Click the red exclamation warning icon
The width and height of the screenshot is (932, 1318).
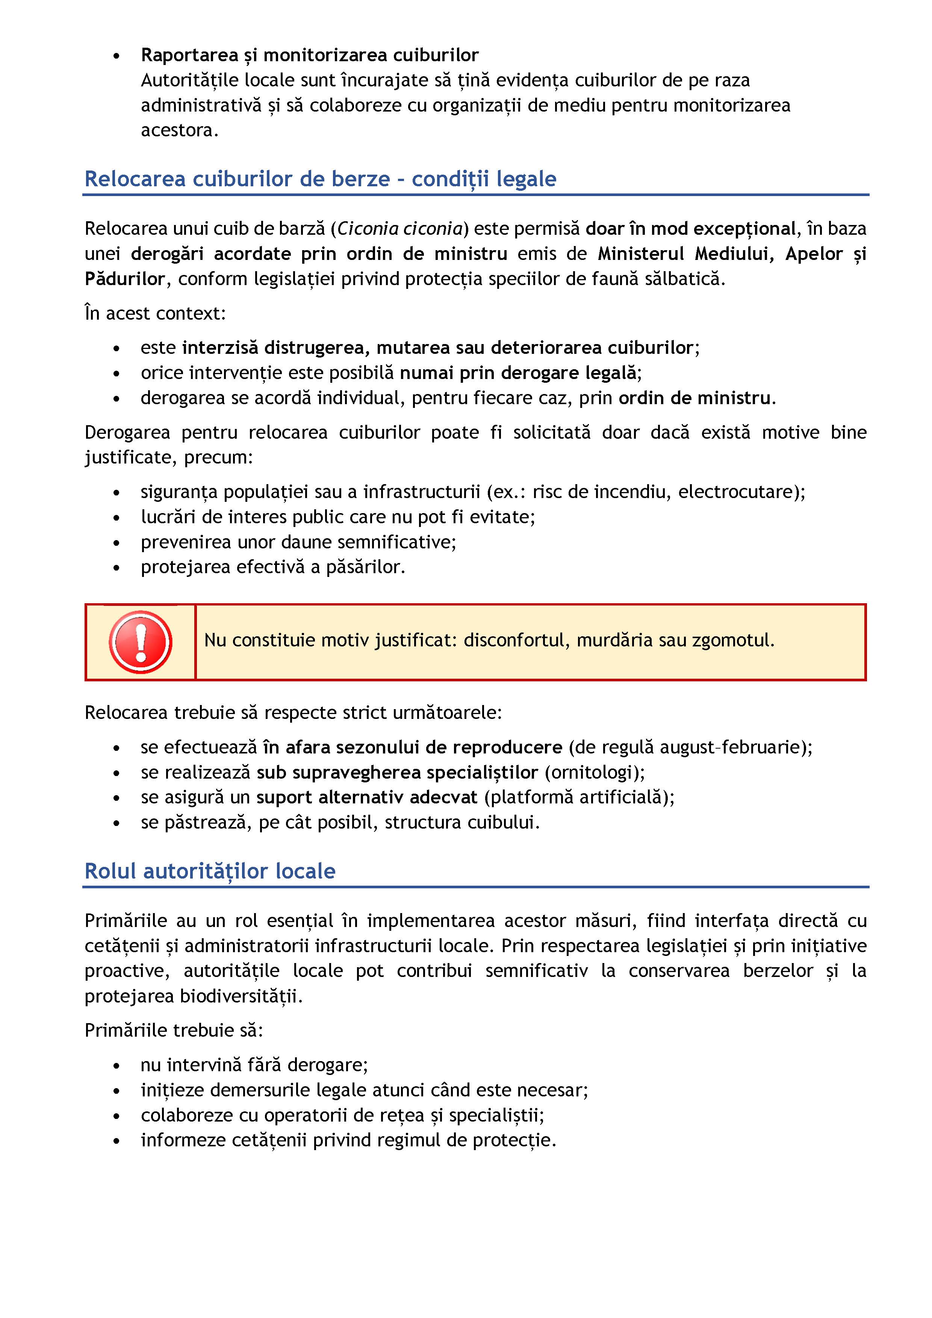pos(140,642)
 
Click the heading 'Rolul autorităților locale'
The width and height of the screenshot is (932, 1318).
pos(210,871)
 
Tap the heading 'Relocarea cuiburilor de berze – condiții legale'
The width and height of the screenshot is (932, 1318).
pos(321,179)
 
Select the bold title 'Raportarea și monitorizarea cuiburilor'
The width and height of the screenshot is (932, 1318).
pos(310,55)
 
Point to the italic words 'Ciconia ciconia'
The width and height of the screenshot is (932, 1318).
pos(400,228)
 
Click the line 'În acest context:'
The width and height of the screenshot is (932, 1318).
pos(155,313)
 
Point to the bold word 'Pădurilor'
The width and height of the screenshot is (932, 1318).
pos(125,279)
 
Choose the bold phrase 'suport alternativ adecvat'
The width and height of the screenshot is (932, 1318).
pos(366,797)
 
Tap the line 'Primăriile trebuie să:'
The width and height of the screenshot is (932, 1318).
pos(173,1030)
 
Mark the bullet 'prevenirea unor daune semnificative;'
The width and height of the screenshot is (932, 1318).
pos(298,542)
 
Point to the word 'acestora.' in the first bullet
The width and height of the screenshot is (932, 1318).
pos(180,130)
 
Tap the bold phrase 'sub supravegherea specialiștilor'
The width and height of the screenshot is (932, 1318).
pos(397,772)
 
